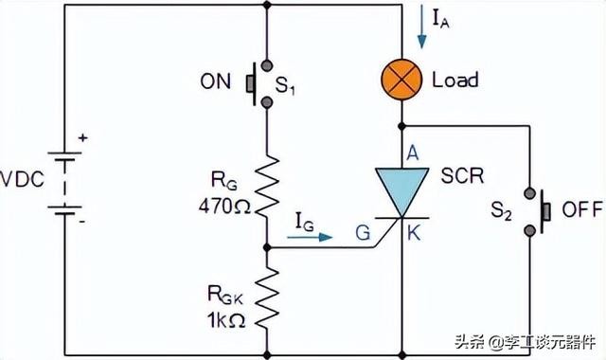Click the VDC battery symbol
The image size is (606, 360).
pos(63,186)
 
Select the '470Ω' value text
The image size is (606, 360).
pos(224,203)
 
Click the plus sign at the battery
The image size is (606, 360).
pos(82,139)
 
